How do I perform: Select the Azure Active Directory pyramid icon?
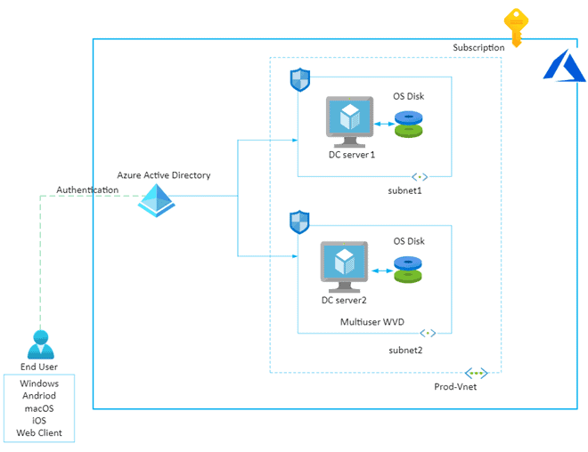point(157,199)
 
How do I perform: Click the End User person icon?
point(39,344)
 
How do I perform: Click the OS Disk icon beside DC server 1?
point(409,124)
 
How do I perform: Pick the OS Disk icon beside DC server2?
point(409,270)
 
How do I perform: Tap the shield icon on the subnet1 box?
point(300,79)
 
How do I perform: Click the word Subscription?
point(478,47)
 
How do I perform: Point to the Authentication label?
point(87,190)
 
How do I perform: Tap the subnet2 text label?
point(405,350)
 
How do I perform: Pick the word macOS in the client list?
point(39,408)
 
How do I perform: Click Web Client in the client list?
point(39,433)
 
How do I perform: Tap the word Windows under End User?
point(39,383)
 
